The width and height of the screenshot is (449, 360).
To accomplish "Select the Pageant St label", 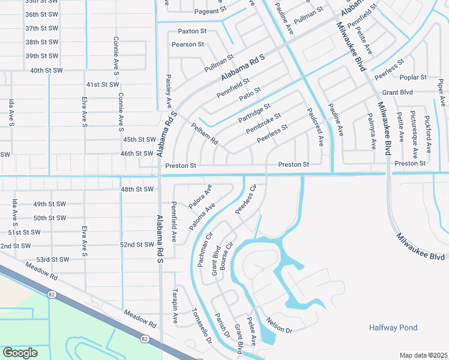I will point(210,11).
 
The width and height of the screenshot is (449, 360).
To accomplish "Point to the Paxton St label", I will point(192,31).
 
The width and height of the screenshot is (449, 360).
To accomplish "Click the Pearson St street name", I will point(188,44).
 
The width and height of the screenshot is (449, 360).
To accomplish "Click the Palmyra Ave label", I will point(372,133).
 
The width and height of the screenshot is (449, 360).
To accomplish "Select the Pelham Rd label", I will point(204,134).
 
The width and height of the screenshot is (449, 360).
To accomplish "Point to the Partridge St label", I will point(255,113).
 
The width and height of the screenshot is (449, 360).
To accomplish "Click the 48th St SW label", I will point(137,190).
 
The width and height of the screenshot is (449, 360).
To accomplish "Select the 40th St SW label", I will point(46,70).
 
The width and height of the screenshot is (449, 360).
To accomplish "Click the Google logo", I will point(20,352).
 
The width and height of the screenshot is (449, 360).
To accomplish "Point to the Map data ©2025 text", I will point(423,355).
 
